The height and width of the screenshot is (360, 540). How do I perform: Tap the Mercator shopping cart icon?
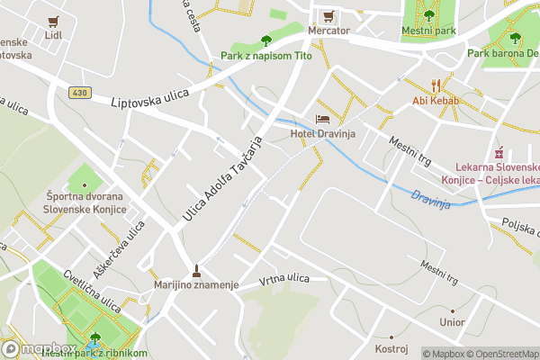pyautogui.click(x=328, y=16)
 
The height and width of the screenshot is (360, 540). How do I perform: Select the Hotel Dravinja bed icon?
pyautogui.click(x=323, y=120)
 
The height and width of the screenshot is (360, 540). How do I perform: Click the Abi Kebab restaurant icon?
pyautogui.click(x=436, y=85)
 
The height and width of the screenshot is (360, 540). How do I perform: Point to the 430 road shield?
pyautogui.click(x=78, y=93)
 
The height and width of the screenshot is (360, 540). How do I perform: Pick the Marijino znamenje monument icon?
pyautogui.click(x=196, y=270)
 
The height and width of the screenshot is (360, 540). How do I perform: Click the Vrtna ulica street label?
pyautogui.click(x=283, y=279)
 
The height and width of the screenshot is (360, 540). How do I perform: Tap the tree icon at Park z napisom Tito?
pyautogui.click(x=265, y=40)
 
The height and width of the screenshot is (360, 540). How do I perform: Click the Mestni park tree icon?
pyautogui.click(x=429, y=14)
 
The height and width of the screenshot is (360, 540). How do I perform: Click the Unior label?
pyautogui.click(x=452, y=321)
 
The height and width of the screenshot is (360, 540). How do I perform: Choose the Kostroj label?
pyautogui.click(x=391, y=347)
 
